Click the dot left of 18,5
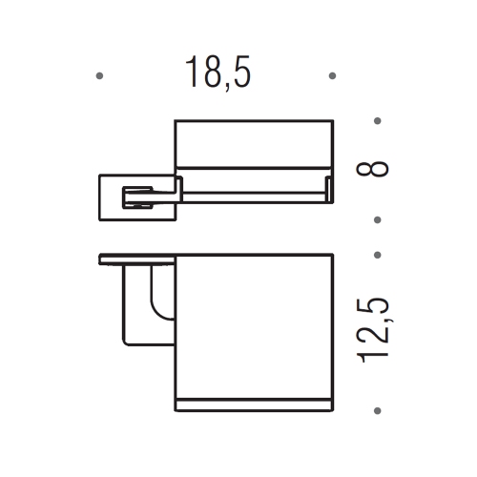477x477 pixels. [101, 74]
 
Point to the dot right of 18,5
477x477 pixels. [331, 74]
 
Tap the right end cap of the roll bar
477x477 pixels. [326, 189]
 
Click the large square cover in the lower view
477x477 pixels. [254, 324]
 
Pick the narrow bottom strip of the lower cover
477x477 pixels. [254, 407]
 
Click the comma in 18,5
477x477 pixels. [222, 88]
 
